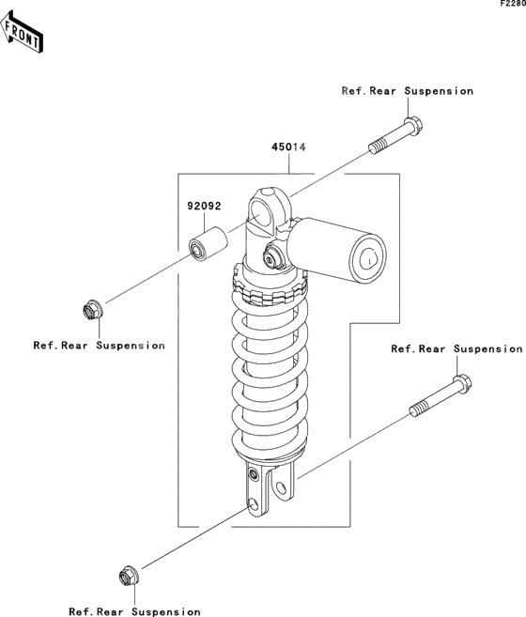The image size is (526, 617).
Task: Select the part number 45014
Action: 289,147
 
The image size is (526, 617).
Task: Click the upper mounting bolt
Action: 394,136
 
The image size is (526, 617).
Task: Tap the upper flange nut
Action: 92,308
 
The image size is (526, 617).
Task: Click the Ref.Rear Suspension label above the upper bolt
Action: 407,91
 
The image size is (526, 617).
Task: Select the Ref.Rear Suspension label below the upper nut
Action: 99,346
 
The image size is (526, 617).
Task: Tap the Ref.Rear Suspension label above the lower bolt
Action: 456,349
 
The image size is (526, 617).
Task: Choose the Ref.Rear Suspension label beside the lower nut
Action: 134,611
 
